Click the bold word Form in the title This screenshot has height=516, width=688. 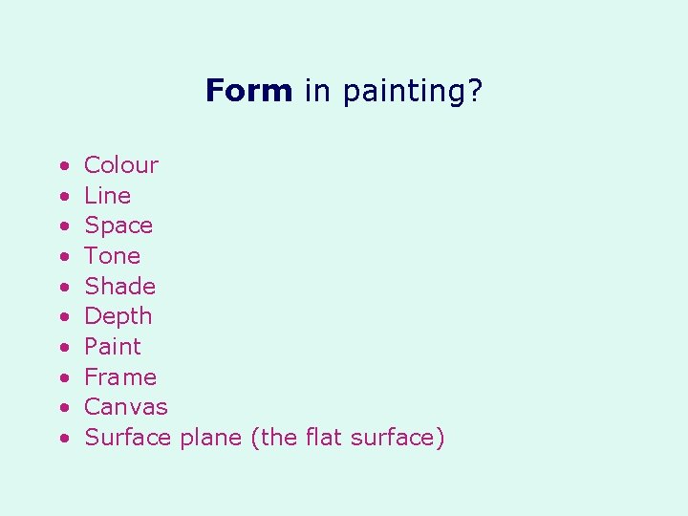click(248, 92)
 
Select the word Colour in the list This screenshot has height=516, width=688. click(121, 165)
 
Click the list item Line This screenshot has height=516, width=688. click(107, 196)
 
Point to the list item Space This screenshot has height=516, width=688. click(118, 226)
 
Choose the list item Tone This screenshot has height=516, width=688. click(112, 256)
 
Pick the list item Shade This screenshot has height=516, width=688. click(119, 287)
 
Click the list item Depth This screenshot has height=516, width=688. click(118, 317)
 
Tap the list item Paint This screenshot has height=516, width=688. click(112, 347)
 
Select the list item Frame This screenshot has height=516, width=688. click(120, 377)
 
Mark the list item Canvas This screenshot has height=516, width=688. click(125, 407)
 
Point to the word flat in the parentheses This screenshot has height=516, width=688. click(326, 438)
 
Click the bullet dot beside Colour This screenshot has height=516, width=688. click(62, 166)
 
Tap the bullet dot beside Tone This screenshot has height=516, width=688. click(62, 257)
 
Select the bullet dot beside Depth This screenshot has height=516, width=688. click(62, 317)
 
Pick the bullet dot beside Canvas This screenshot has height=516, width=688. click(62, 408)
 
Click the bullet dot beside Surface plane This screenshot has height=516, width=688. click(62, 439)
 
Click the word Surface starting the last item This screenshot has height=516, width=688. click(127, 438)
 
